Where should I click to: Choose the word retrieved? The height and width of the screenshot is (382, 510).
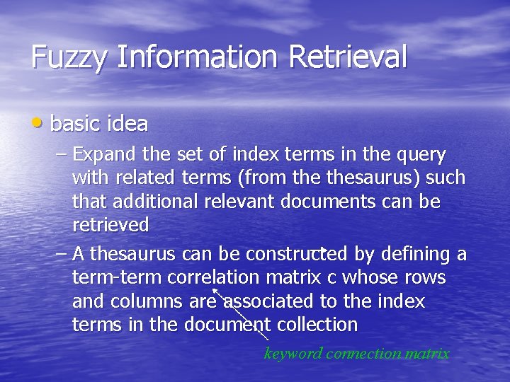coord(110,226)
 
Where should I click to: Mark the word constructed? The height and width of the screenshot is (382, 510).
coord(290,253)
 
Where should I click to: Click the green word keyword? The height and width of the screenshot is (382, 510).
coord(293,353)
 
